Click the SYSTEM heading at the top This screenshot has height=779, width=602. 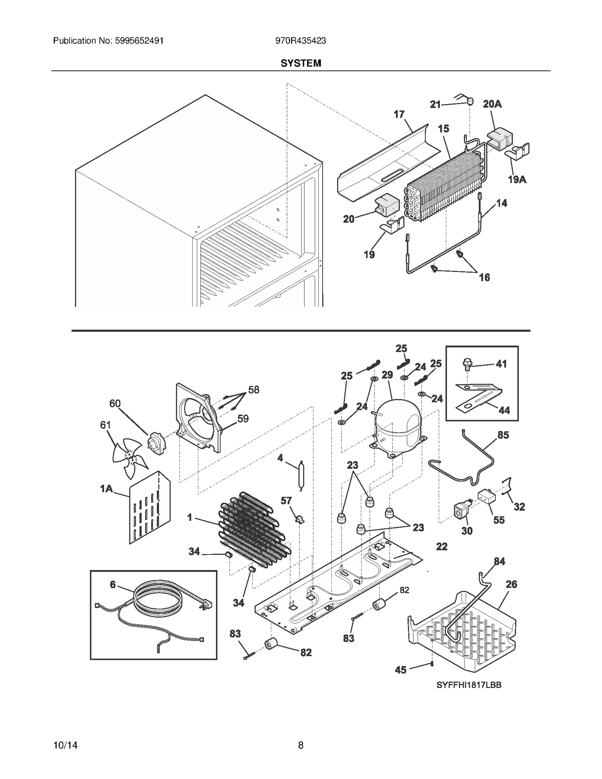pyautogui.click(x=301, y=63)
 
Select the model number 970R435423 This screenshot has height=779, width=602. pyautogui.click(x=301, y=41)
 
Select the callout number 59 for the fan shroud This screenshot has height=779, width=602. pyautogui.click(x=243, y=418)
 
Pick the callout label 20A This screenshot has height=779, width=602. pyautogui.click(x=492, y=104)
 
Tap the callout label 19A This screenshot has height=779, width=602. pyautogui.click(x=517, y=180)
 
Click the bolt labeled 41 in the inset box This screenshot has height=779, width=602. pyautogui.click(x=467, y=364)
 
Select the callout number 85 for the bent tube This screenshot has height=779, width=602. pyautogui.click(x=503, y=435)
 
